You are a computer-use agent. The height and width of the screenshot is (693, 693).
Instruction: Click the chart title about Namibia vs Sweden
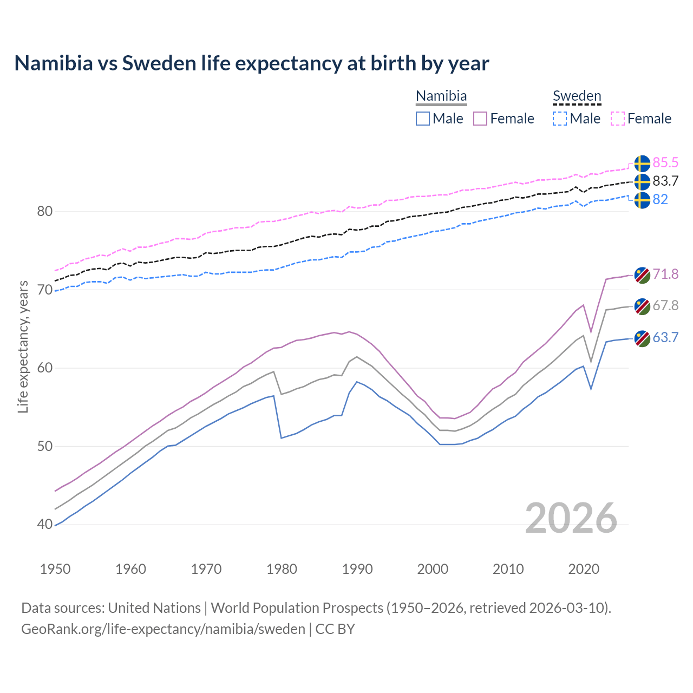252,63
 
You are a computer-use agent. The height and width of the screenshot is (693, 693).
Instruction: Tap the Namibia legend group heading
441,96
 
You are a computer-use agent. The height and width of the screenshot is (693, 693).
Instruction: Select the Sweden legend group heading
577,96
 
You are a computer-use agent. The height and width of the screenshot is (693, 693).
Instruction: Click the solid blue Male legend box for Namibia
423,119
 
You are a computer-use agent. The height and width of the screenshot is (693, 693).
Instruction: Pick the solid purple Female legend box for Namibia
480,119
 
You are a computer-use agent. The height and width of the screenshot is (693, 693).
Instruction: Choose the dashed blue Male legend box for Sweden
560,119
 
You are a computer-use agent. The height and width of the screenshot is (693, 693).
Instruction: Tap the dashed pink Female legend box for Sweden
618,119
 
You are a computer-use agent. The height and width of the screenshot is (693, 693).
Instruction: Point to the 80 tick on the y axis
45,211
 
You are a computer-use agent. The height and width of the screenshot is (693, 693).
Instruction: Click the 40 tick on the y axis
45,524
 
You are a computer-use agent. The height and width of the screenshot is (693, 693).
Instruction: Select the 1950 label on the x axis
55,569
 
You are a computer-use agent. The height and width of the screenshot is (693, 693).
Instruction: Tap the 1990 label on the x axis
357,569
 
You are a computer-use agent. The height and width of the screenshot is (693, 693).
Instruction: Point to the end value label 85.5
665,163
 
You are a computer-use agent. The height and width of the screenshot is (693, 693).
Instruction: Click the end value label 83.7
665,181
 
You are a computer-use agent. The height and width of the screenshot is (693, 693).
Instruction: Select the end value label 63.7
665,338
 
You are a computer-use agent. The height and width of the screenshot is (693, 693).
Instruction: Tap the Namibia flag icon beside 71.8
642,275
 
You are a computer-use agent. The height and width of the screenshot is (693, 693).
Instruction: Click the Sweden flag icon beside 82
642,200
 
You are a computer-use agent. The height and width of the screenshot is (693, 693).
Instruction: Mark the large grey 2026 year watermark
571,518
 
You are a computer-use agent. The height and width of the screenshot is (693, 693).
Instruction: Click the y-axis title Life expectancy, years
23,346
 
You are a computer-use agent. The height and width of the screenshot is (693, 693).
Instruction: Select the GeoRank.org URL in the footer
163,629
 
